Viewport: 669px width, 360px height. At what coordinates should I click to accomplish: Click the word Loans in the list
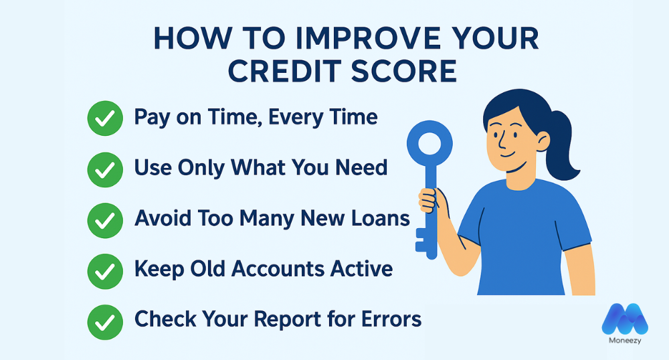[x=379, y=218]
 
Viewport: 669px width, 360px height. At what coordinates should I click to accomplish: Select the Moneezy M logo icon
[x=625, y=319]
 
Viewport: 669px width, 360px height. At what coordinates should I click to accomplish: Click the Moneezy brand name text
[x=625, y=343]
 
